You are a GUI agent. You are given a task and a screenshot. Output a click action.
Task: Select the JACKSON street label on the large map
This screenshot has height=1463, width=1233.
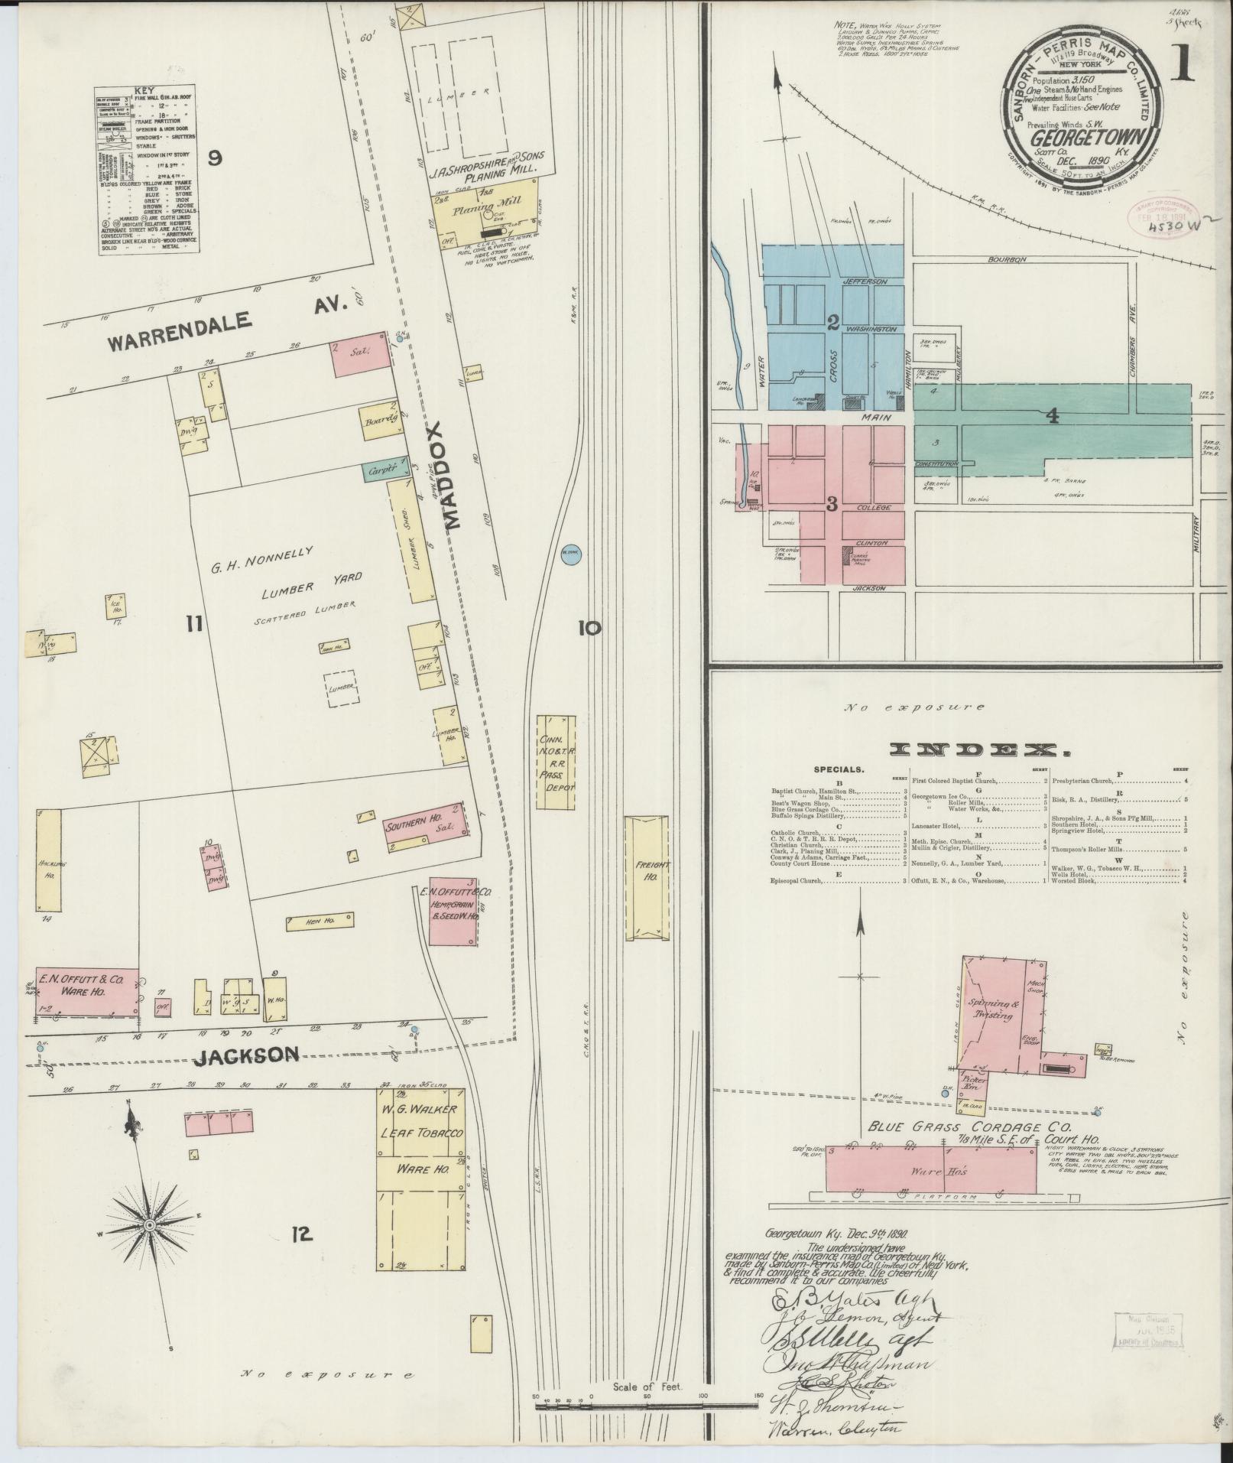tap(245, 1055)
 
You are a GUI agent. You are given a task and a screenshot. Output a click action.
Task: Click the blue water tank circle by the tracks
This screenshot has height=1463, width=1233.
tap(569, 554)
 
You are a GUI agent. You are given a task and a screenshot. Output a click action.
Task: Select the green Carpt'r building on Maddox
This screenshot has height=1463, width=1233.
tap(380, 470)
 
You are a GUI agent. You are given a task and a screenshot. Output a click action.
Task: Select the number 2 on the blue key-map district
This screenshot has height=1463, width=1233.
tap(833, 322)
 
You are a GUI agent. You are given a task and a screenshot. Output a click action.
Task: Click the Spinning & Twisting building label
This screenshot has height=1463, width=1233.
tap(991, 1011)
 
